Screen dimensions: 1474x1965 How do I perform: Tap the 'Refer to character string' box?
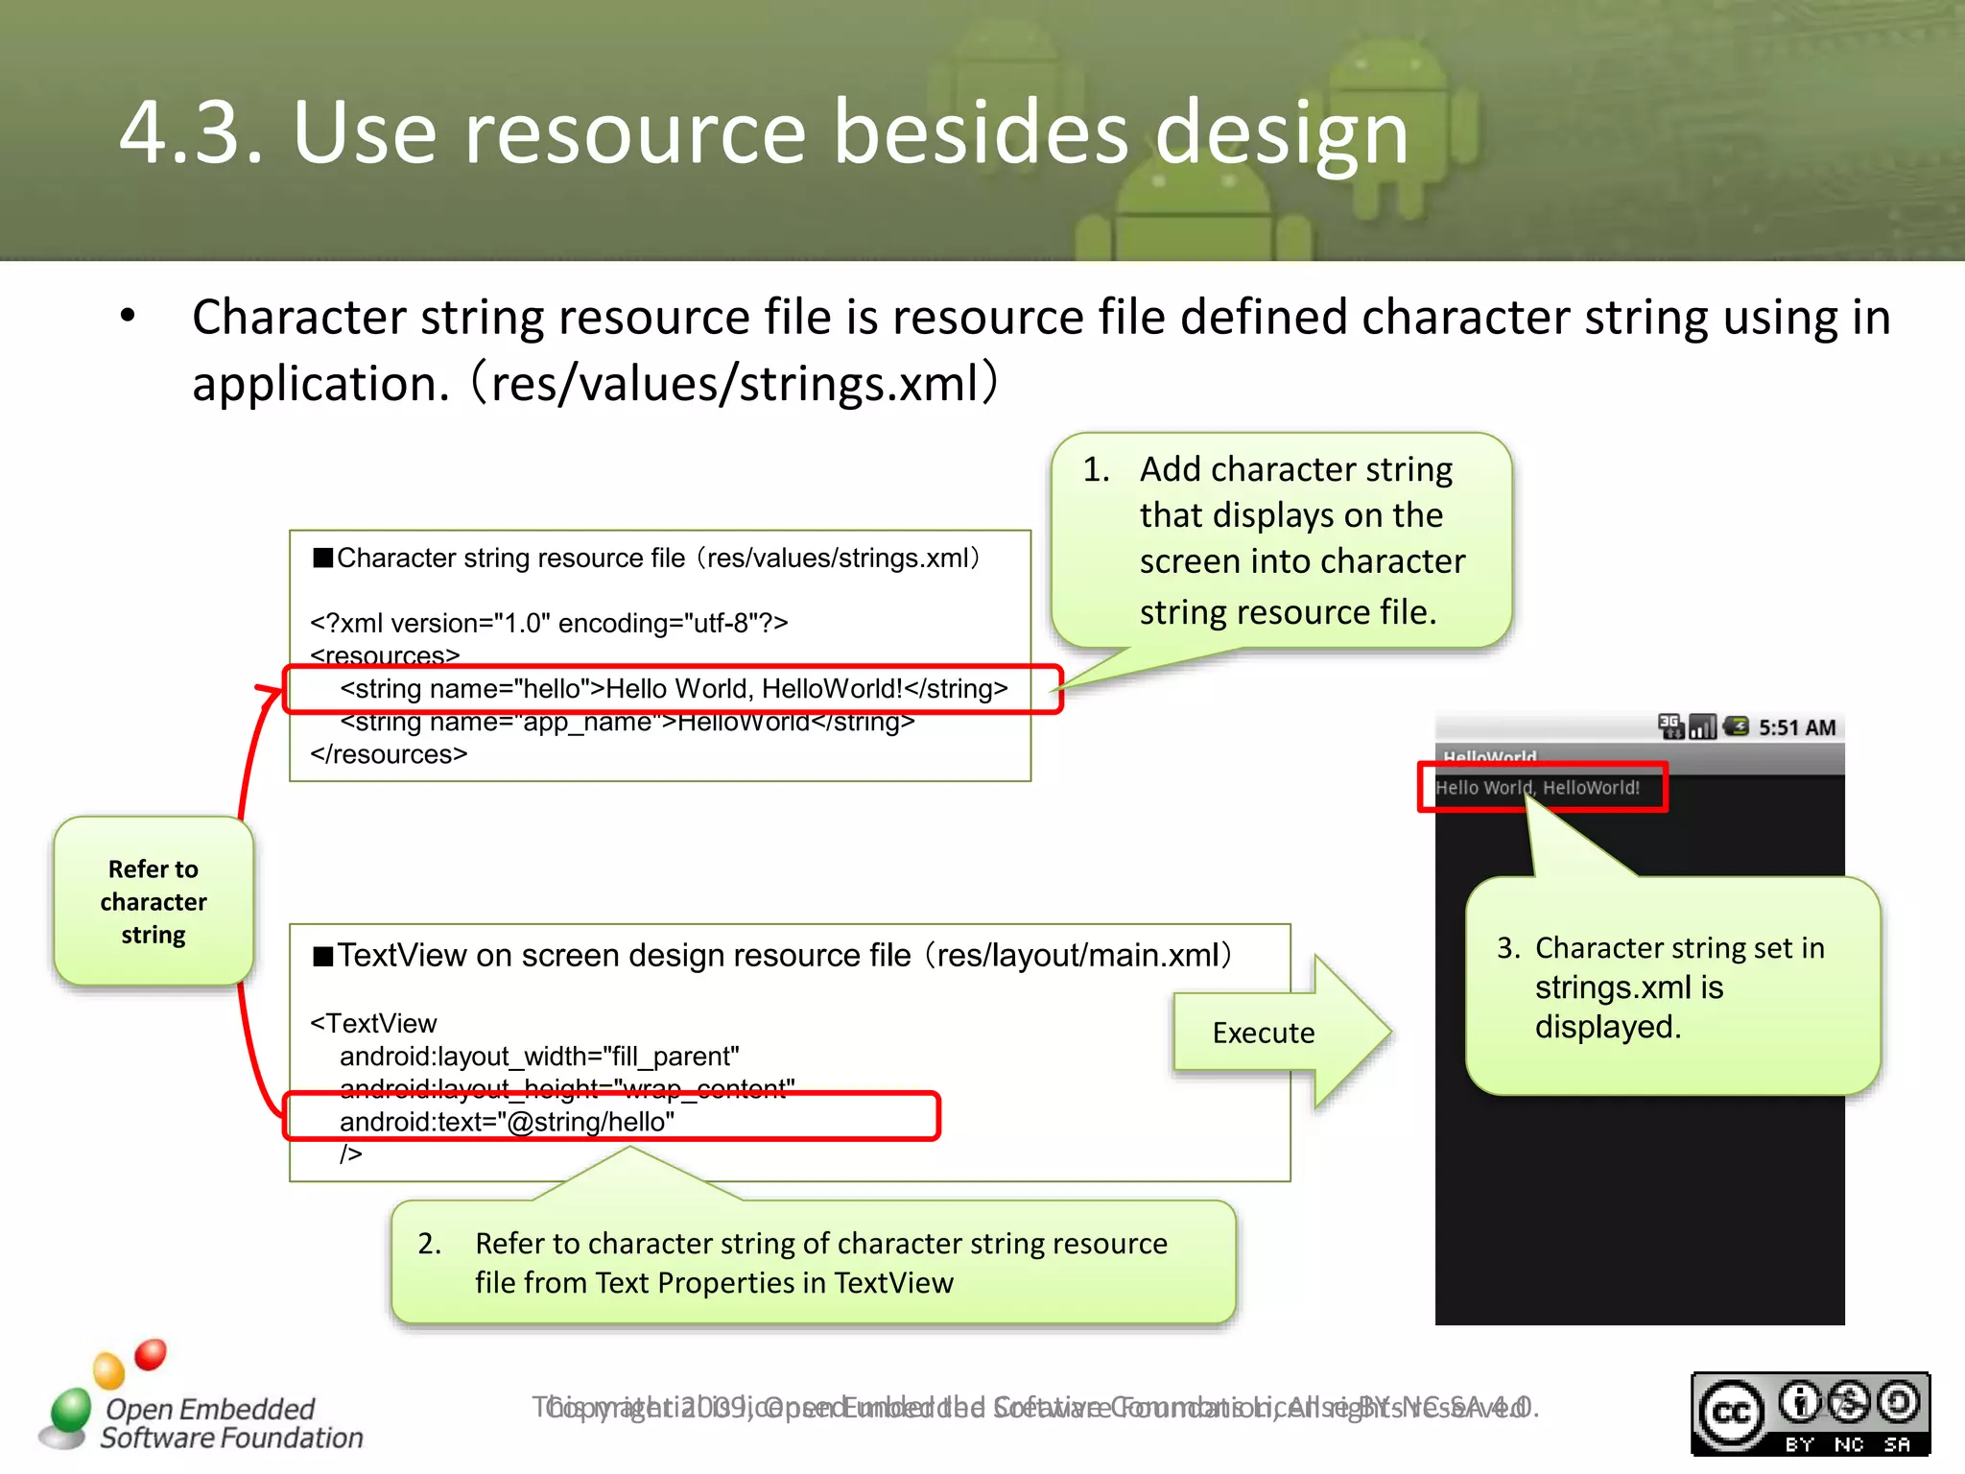pyautogui.click(x=154, y=901)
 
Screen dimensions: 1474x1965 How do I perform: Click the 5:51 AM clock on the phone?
pyautogui.click(x=1796, y=727)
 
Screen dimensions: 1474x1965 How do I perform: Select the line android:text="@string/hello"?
pyautogui.click(x=507, y=1122)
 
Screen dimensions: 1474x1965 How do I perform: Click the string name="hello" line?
pyautogui.click(x=674, y=689)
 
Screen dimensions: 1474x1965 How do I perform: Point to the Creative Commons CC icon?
pyautogui.click(x=1731, y=1413)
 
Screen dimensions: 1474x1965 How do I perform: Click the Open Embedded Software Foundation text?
pyautogui.click(x=230, y=1423)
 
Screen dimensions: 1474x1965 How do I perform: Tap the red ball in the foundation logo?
pyautogui.click(x=151, y=1354)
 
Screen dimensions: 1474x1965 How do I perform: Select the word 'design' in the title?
pyautogui.click(x=1281, y=134)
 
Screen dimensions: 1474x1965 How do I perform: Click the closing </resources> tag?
pyautogui.click(x=389, y=754)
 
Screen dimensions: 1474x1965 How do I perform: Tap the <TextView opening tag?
pyautogui.click(x=373, y=1023)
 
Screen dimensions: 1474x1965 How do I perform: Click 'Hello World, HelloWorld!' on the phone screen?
pyautogui.click(x=1537, y=788)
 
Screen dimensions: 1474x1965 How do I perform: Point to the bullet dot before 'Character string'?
pyautogui.click(x=128, y=317)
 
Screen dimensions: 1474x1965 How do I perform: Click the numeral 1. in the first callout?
pyautogui.click(x=1096, y=469)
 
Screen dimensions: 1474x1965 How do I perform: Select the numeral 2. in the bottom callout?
pyautogui.click(x=429, y=1244)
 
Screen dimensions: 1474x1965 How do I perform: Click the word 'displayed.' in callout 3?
pyautogui.click(x=1607, y=1027)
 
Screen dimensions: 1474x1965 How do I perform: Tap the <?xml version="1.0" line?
pyautogui.click(x=549, y=624)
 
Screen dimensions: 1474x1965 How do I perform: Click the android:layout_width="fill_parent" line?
pyautogui.click(x=539, y=1057)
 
